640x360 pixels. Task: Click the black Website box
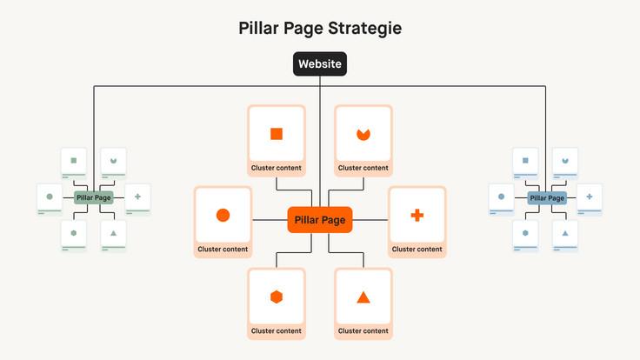coord(320,64)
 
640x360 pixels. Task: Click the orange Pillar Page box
coord(320,220)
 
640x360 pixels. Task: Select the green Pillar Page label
coord(94,198)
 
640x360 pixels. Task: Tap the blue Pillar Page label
coord(546,198)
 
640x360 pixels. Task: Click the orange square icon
coord(277,134)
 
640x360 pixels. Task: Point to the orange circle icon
coord(223,215)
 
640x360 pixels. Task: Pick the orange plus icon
coord(417,215)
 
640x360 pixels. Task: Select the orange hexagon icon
coord(277,297)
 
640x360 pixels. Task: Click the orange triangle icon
coord(363,297)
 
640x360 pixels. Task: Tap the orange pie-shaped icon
coord(363,134)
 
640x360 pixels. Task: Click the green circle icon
coord(50,197)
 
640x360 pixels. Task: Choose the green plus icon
coord(137,197)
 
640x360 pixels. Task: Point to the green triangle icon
coord(113,233)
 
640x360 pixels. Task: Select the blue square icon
coord(524,160)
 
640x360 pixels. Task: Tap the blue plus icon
coord(589,197)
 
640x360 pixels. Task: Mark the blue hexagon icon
coord(525,233)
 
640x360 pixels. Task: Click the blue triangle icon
coord(564,233)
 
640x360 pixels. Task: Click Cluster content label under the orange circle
coord(223,250)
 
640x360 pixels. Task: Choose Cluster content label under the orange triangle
coord(363,330)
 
